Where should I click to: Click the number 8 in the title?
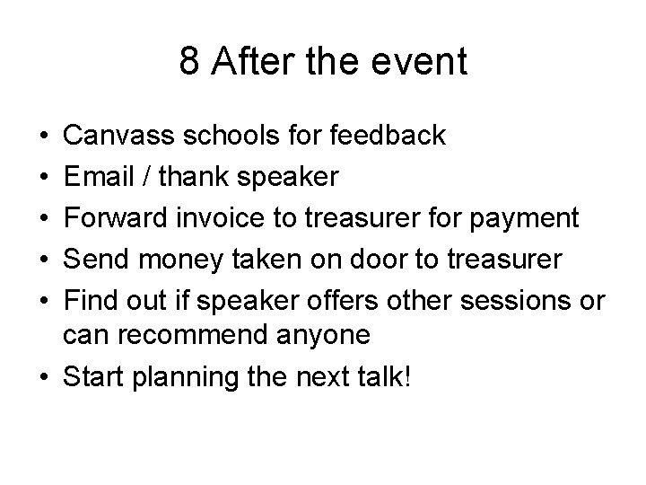[189, 62]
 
